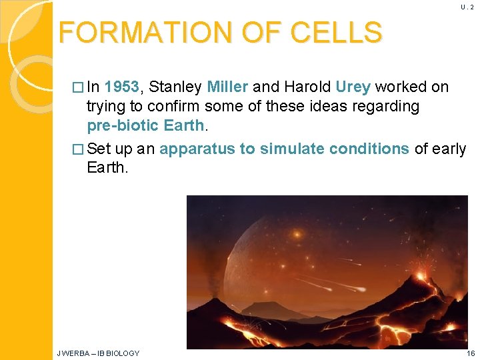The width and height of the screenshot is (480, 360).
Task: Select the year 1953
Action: [x=122, y=87]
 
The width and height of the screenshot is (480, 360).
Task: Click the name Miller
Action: [x=228, y=87]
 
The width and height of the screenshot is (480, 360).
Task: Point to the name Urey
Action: [x=353, y=87]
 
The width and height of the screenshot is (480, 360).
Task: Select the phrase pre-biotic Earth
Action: [x=145, y=126]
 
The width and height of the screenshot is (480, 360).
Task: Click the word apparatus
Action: [x=198, y=149]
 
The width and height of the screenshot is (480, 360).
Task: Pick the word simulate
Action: [x=290, y=149]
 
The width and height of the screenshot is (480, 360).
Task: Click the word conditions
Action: [x=368, y=149]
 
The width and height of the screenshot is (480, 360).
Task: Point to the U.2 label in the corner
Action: [x=467, y=7]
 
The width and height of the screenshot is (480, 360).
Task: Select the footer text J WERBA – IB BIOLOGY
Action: [x=99, y=353]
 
